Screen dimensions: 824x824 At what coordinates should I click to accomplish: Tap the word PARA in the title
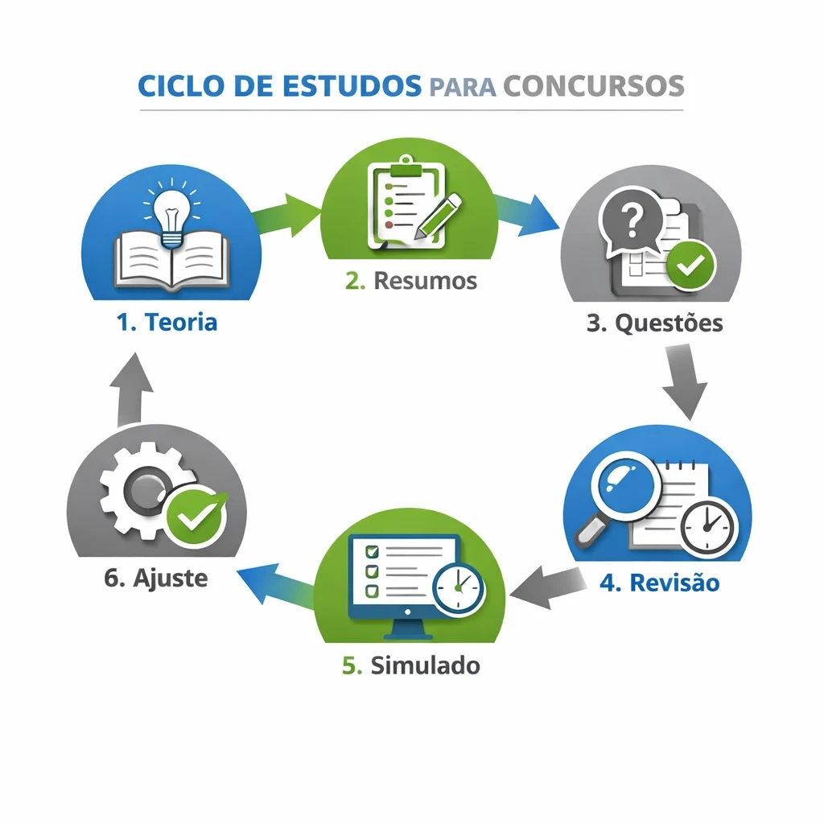coord(463,87)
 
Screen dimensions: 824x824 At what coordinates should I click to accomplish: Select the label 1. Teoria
coord(167,323)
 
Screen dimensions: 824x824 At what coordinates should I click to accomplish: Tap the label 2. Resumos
coord(411,281)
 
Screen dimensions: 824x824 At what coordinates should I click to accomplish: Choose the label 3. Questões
coord(654,323)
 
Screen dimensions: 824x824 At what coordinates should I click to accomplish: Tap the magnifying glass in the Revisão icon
coord(624,491)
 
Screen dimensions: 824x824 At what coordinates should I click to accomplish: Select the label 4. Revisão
coord(659,583)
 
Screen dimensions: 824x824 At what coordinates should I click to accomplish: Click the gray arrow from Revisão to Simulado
coord(547,585)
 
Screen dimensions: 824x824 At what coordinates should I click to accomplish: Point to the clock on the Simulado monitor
coord(458,588)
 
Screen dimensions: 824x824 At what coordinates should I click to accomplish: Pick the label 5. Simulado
coord(411,665)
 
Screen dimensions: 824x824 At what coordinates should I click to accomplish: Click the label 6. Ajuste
coord(156,578)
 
